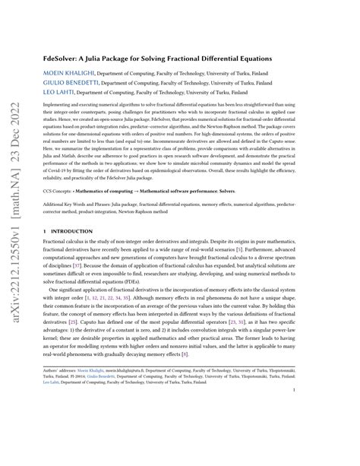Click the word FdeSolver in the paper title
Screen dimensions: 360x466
coord(65,55)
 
